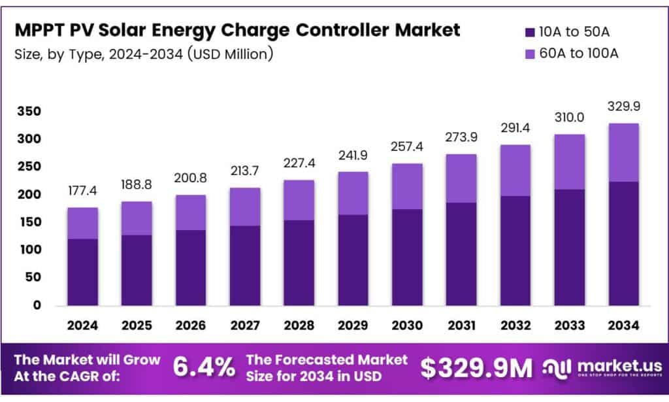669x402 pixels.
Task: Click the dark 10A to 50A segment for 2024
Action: tap(83, 272)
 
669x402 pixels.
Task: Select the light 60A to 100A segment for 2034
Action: tap(623, 152)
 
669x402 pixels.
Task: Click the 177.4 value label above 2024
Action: tap(83, 190)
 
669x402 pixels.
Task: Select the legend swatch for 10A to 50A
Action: tap(531, 31)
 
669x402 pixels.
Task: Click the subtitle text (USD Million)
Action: tap(229, 54)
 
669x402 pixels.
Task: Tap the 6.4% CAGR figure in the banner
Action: tap(204, 368)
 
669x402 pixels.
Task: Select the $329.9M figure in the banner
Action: tap(476, 368)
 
